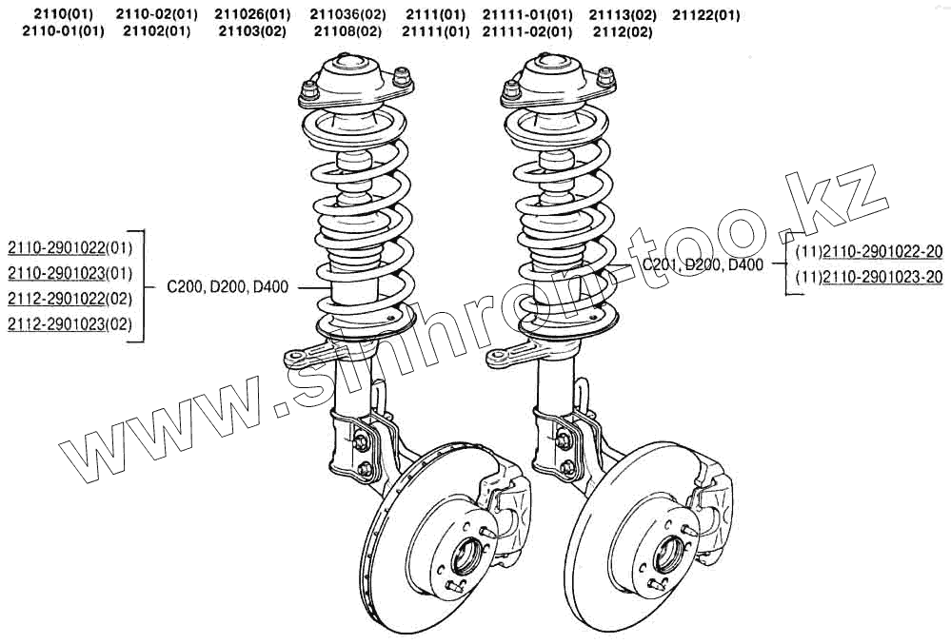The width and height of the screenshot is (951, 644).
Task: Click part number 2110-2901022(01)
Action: pos(69,247)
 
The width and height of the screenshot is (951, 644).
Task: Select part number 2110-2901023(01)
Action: pos(69,273)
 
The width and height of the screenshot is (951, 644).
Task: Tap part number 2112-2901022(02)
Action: pos(69,299)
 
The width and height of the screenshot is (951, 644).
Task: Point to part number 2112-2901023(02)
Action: pos(69,324)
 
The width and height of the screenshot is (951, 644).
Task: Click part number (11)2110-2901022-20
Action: pos(869,251)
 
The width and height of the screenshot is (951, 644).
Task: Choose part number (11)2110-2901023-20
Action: pos(869,277)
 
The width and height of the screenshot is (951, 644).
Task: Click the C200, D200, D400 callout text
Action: pos(228,286)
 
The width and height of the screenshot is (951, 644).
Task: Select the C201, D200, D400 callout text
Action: pos(703,264)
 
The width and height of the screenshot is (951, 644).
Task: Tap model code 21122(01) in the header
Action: pos(706,15)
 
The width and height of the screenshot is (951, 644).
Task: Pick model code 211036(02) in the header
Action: pos(347,14)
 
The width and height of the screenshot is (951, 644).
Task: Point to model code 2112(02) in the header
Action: pos(623,31)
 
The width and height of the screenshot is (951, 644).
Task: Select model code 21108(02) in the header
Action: pos(347,31)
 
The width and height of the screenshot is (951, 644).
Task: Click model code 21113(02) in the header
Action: pos(623,14)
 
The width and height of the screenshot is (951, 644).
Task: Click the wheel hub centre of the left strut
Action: pos(466,557)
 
